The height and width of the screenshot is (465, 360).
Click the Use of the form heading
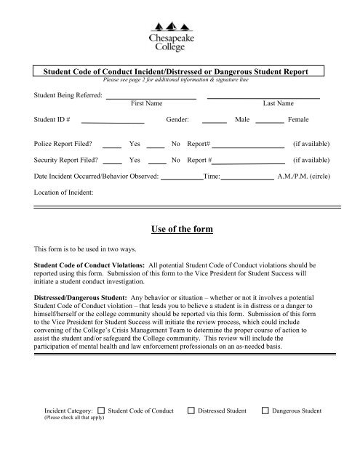click(x=179, y=230)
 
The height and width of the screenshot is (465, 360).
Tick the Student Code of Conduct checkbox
click(x=101, y=412)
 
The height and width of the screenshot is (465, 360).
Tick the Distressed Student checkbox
click(x=191, y=412)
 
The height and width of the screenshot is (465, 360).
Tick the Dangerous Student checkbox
click(x=265, y=412)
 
